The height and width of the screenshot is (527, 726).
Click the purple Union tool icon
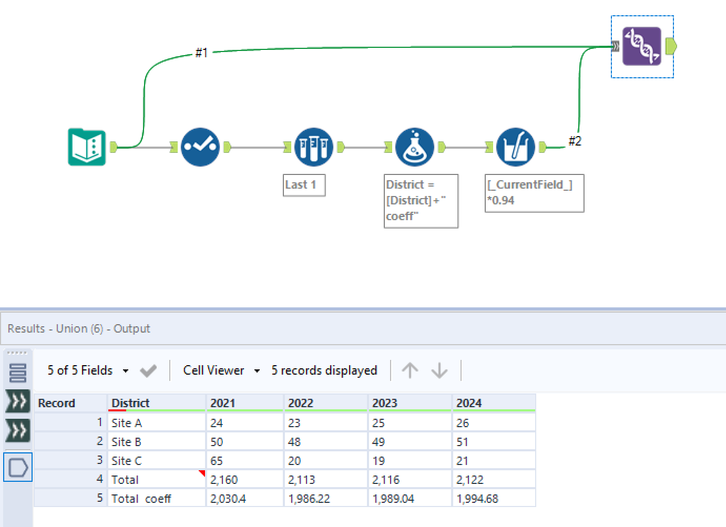click(641, 46)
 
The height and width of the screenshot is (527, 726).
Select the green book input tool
click(87, 147)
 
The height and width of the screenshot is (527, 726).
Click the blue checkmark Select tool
click(200, 147)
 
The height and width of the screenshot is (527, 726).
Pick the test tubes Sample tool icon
click(313, 147)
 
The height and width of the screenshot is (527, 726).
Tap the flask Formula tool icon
click(414, 147)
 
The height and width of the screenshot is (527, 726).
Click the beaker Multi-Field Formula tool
click(515, 147)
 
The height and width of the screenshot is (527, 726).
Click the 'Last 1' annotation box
click(304, 185)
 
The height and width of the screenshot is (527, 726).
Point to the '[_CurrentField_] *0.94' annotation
click(534, 193)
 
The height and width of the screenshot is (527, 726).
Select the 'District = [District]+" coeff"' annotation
click(421, 201)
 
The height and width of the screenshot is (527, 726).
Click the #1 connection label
click(201, 53)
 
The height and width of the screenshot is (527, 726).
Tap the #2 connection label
click(575, 141)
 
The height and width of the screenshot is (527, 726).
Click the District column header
click(130, 403)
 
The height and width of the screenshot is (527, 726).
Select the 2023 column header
click(385, 403)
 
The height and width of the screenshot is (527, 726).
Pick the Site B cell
click(126, 442)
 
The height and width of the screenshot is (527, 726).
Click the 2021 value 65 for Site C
click(217, 461)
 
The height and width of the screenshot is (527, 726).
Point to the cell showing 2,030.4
click(228, 499)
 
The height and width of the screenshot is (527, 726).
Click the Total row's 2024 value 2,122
click(470, 480)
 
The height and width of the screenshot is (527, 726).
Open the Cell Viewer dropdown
click(221, 370)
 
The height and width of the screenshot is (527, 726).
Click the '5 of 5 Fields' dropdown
click(87, 370)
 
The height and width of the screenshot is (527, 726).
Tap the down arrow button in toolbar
click(439, 370)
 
